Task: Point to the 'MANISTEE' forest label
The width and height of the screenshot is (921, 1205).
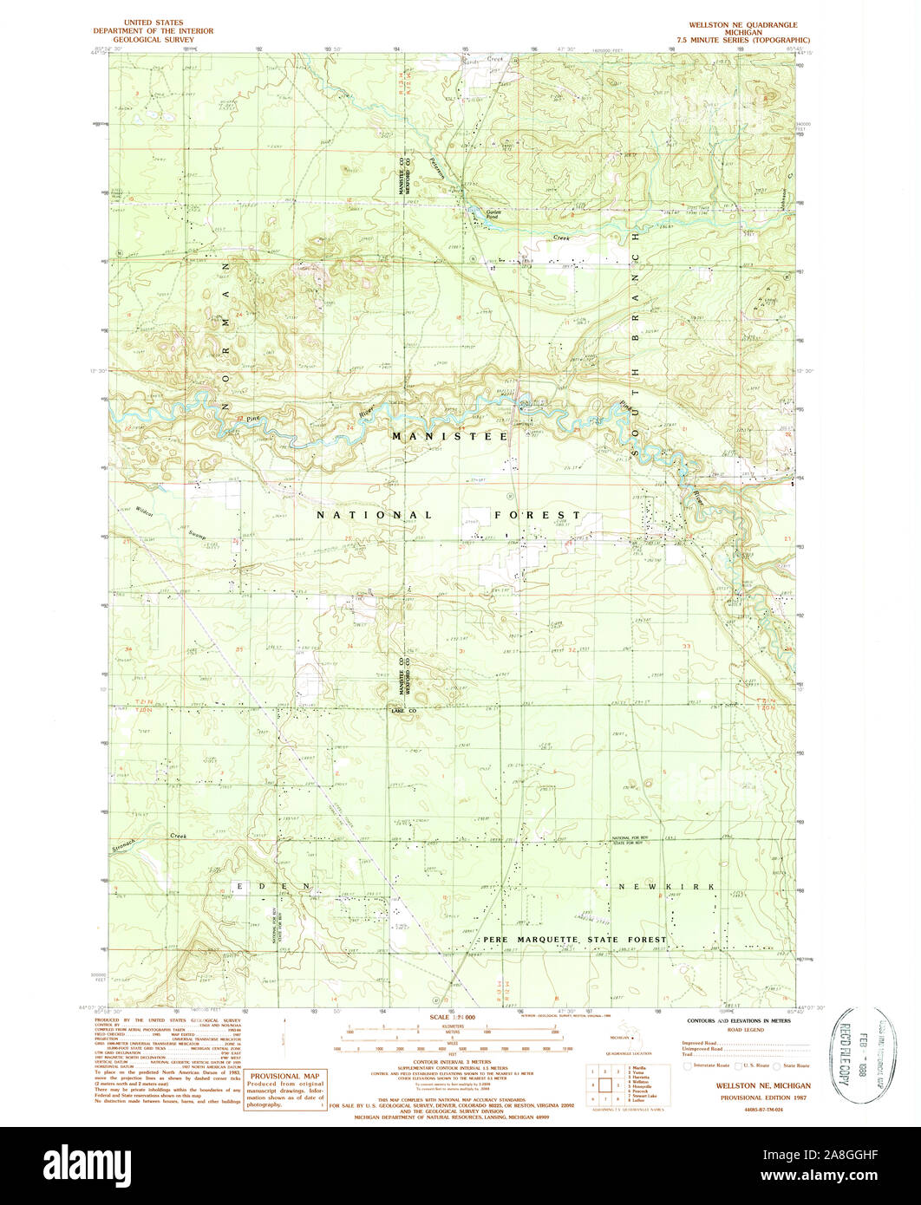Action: [449, 437]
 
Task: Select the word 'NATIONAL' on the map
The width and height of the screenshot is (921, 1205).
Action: [374, 515]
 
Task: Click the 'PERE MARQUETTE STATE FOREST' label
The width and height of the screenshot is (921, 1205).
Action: [575, 940]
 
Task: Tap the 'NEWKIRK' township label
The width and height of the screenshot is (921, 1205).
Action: [666, 887]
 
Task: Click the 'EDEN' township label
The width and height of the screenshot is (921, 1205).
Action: [273, 886]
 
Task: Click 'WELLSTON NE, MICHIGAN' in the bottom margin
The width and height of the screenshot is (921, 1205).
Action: [763, 1085]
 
